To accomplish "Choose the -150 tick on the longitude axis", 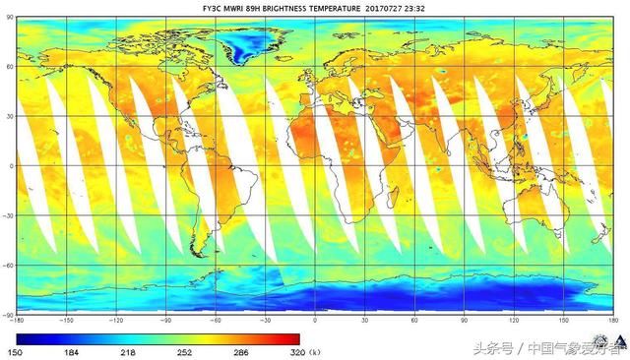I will coord(66,321).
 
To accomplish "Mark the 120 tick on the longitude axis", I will coord(513,321).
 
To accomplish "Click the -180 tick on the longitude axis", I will coord(17,321).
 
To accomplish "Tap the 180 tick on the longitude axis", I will coord(611,321).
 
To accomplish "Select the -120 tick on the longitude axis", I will coord(116,321).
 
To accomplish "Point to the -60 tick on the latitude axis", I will coord(8,265).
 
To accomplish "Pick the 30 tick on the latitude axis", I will coord(9,116).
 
